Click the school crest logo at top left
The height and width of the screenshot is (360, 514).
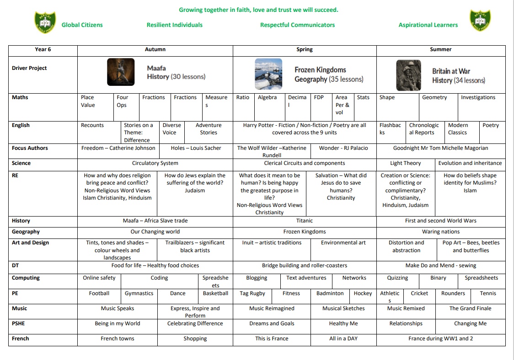[x=45, y=23]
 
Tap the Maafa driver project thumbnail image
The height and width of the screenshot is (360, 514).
[x=121, y=72]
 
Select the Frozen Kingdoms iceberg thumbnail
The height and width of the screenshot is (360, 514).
[x=268, y=74]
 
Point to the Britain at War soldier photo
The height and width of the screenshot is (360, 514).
[x=408, y=75]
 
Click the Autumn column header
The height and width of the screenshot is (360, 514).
[x=155, y=49]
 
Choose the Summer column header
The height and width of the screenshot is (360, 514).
[x=441, y=49]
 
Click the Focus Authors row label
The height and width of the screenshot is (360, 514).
[x=30, y=148]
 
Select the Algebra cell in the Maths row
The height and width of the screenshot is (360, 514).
[x=267, y=97]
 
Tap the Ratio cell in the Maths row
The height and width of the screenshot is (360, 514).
[x=243, y=97]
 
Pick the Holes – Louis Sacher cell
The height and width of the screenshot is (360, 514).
[x=196, y=148]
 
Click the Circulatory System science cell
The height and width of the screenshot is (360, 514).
[x=155, y=163]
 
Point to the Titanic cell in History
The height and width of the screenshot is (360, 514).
[x=305, y=221]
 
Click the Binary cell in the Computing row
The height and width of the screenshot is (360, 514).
[x=438, y=278]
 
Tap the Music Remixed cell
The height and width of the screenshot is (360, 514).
[x=406, y=308]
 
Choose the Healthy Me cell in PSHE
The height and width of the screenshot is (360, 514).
[x=343, y=323]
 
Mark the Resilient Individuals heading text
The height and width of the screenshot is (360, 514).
[x=175, y=25]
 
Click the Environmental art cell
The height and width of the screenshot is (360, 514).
[x=343, y=243]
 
